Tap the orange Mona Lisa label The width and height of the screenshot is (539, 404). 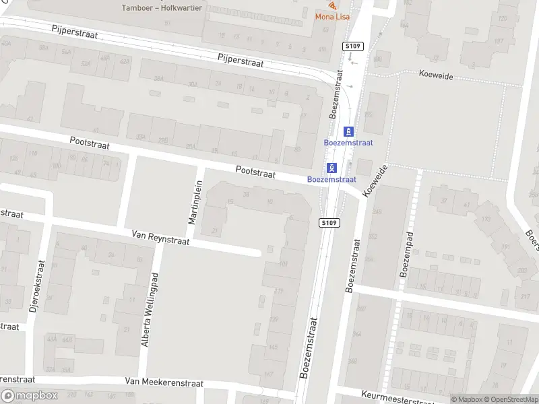[x=332, y=17]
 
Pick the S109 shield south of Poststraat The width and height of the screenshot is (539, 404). [x=329, y=223]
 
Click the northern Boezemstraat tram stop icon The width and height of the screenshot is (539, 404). [x=349, y=131]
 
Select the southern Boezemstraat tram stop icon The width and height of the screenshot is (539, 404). [x=331, y=168]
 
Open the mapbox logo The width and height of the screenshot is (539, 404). [x=30, y=396]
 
